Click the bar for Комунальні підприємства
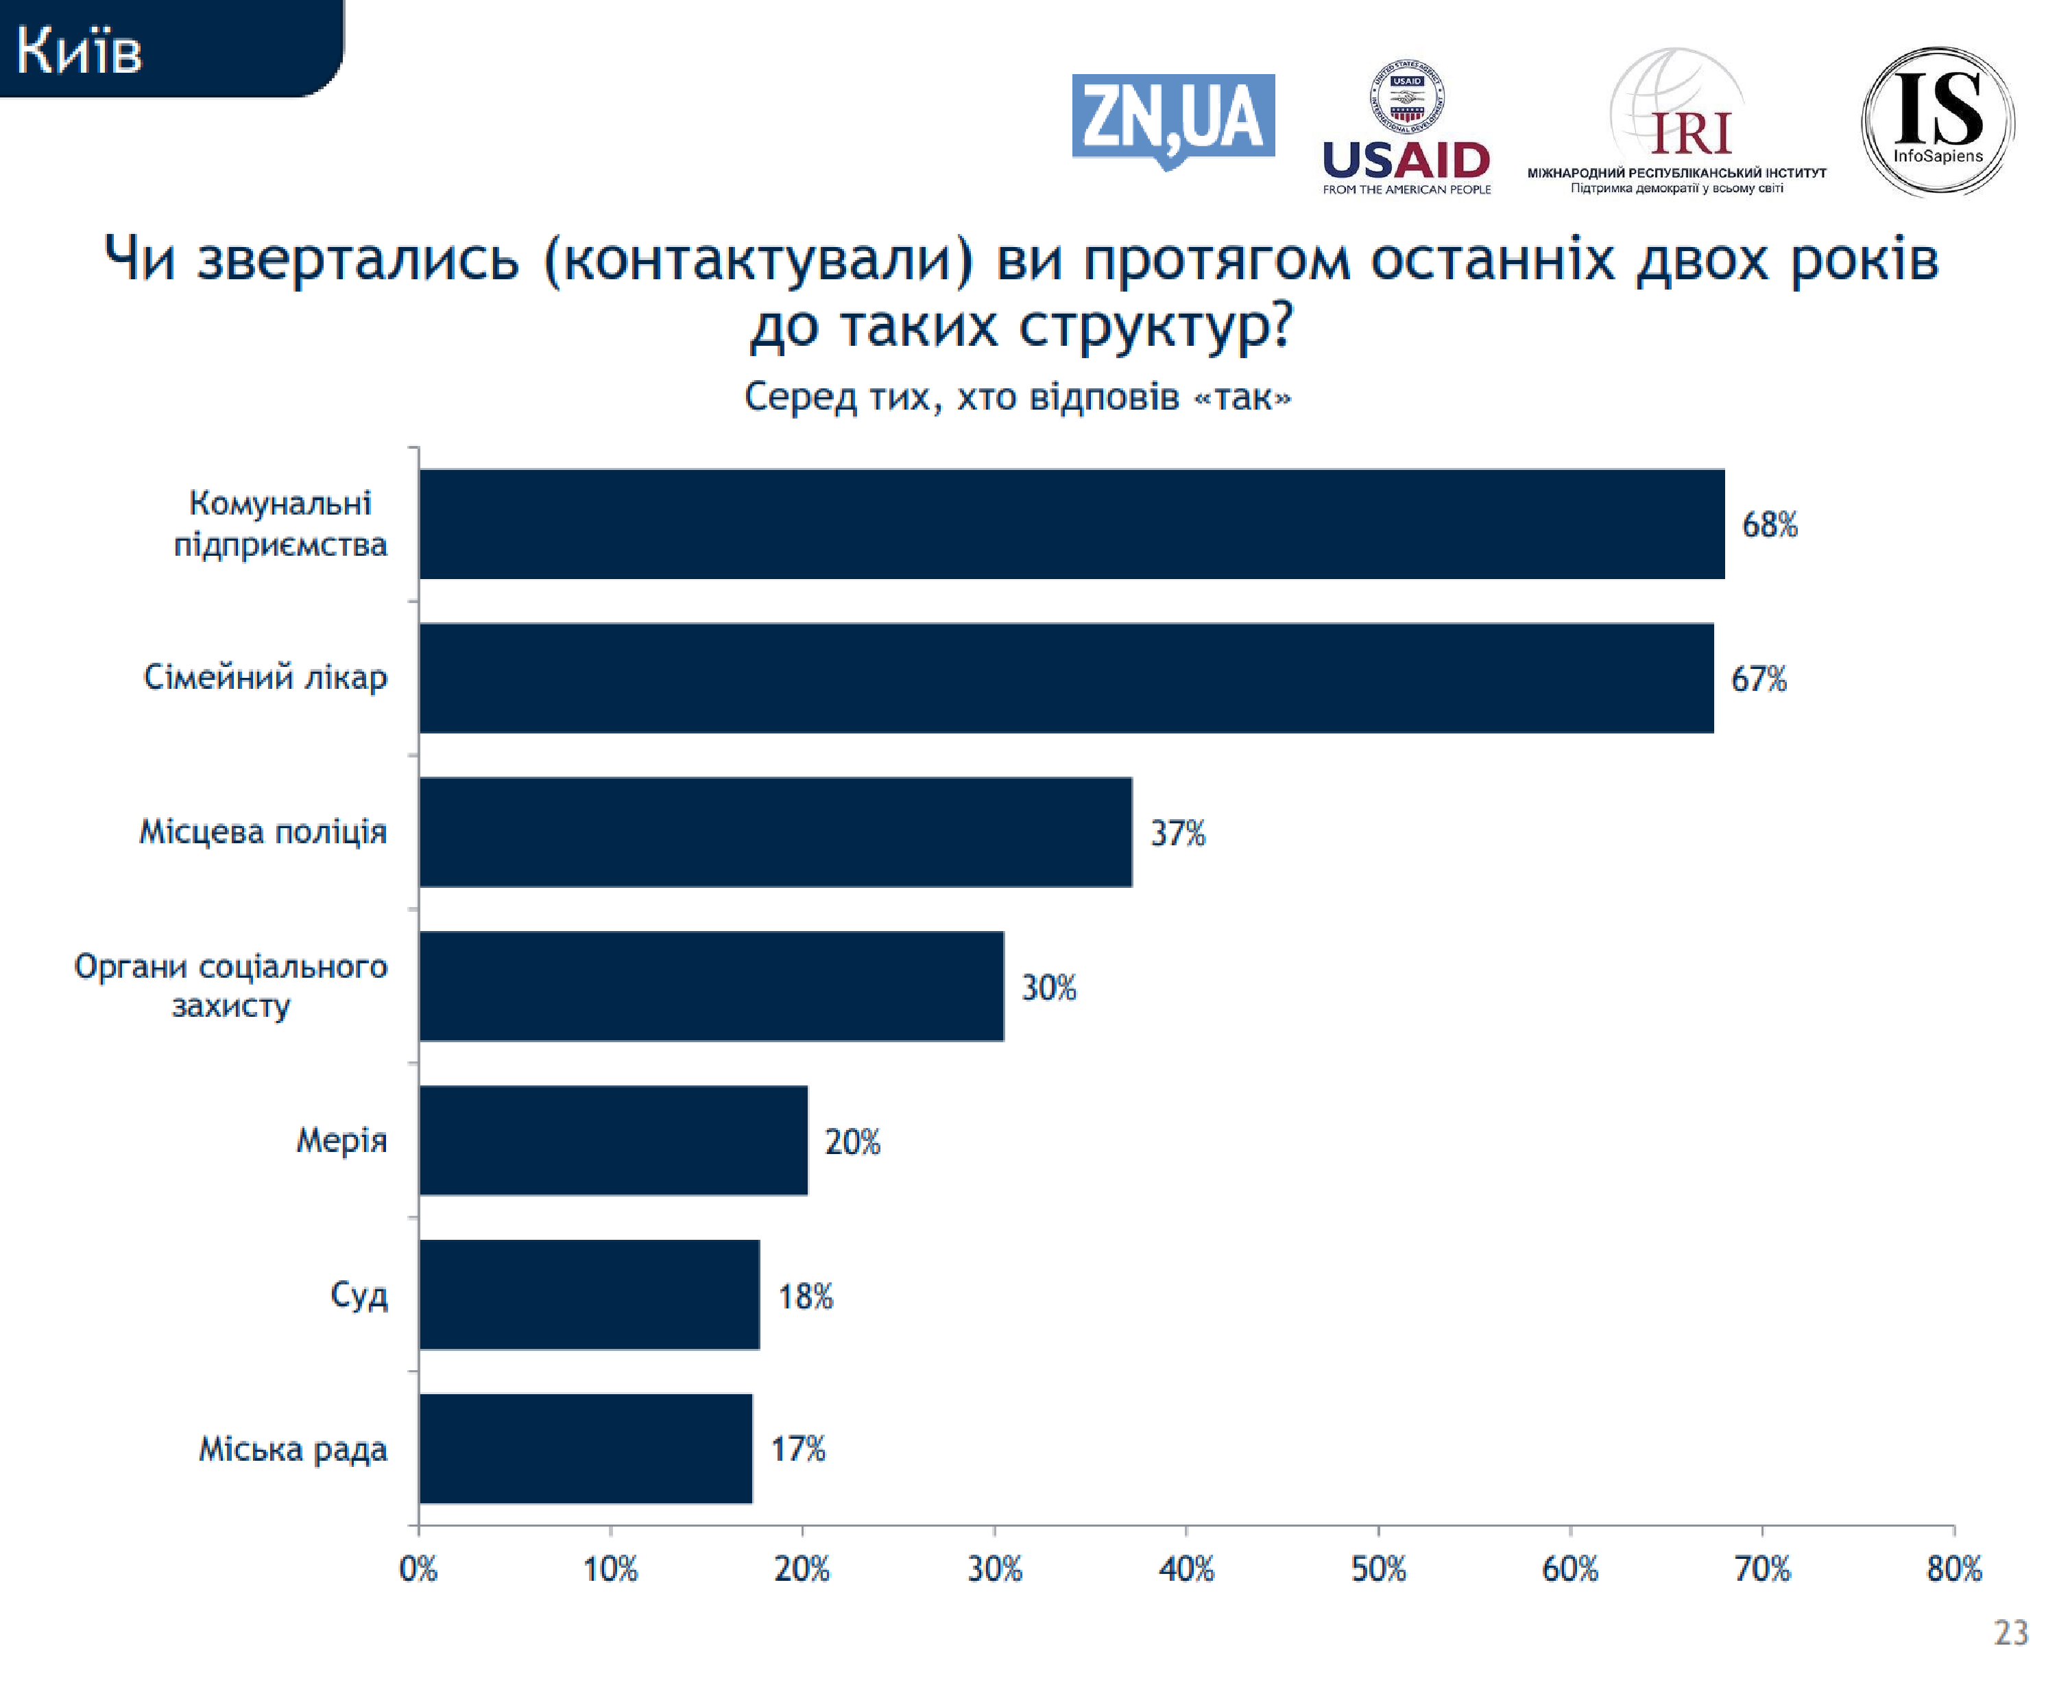1072,524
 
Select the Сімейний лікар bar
1066,678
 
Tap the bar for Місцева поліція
775,832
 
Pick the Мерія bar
613,1140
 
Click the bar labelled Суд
589,1295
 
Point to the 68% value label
1769,525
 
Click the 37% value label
1177,834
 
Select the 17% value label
797,1449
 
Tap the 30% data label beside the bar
1048,988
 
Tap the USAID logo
1406,128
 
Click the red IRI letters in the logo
1691,134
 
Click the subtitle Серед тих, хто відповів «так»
1018,397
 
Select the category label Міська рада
293,1449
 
